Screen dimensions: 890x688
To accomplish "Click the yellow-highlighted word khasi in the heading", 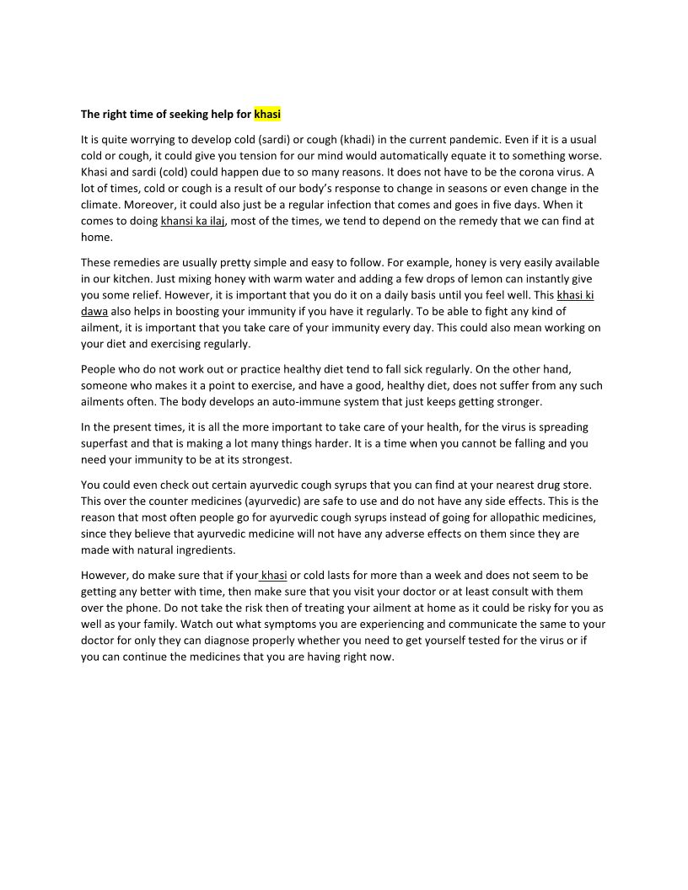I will point(267,114).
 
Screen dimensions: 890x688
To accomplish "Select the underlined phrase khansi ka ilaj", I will point(193,221).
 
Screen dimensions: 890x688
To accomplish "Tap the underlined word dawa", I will point(94,311).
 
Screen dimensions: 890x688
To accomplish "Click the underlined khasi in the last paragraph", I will point(274,576).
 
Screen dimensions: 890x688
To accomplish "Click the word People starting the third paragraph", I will point(98,369).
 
